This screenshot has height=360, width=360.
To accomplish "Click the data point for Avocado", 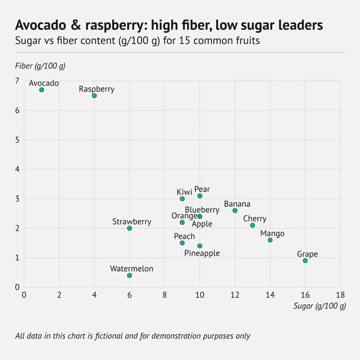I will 41,90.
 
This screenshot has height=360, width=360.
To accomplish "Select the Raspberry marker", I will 94,95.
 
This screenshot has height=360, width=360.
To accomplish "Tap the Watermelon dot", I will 130,275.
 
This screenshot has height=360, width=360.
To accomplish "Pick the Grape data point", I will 305,260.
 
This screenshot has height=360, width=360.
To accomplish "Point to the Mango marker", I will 270,240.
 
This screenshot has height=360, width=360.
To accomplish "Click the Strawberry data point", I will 130,229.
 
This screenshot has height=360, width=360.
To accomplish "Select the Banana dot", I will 235,211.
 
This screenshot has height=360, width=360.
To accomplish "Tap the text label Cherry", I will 254,219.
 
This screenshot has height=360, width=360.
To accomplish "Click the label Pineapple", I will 202,253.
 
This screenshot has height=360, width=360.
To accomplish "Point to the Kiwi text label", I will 184,191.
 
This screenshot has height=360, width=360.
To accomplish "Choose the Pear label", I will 202,189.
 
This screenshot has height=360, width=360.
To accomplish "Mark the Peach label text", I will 184,236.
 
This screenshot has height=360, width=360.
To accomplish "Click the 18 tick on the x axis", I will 340,295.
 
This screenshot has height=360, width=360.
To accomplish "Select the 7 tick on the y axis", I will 17,81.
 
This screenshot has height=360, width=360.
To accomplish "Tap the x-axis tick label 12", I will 235,295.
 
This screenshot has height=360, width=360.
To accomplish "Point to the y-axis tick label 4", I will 17,169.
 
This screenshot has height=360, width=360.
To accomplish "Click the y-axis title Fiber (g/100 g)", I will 40,65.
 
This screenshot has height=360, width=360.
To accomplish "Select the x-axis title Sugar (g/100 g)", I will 319,306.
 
